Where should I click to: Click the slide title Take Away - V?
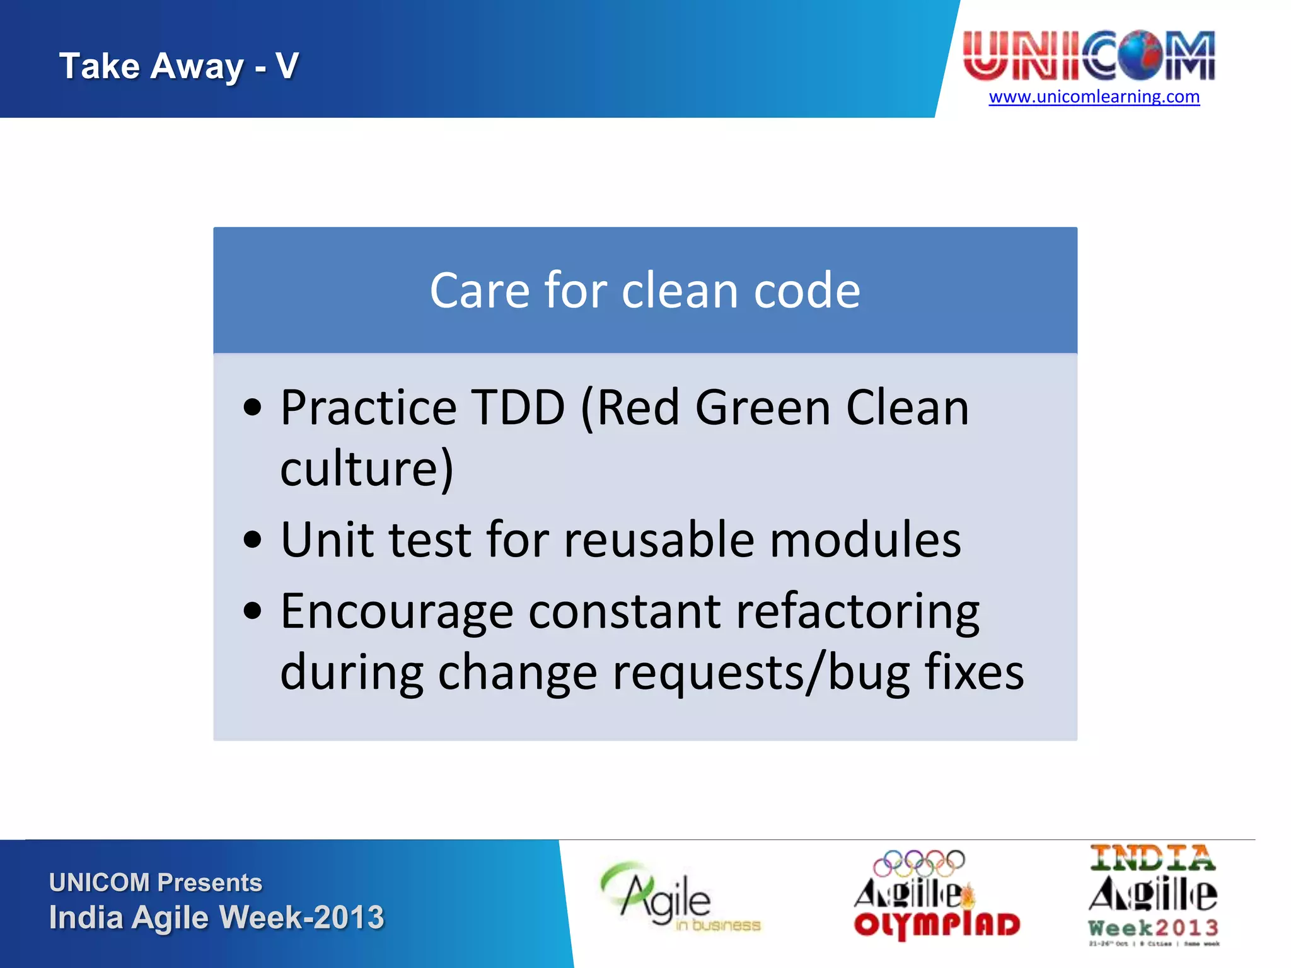click(179, 66)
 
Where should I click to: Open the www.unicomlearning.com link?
click(1094, 97)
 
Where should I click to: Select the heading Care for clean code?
click(644, 291)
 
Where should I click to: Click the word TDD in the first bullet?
click(518, 408)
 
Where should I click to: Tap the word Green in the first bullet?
click(763, 408)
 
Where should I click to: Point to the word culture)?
click(366, 468)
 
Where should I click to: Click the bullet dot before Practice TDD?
click(252, 408)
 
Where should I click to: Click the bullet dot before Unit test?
click(252, 540)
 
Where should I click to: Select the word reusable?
click(659, 540)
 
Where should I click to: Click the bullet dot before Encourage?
click(252, 611)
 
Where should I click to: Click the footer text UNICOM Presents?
click(155, 882)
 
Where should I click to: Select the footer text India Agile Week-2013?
click(216, 918)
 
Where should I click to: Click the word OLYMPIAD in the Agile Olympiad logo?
click(937, 925)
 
